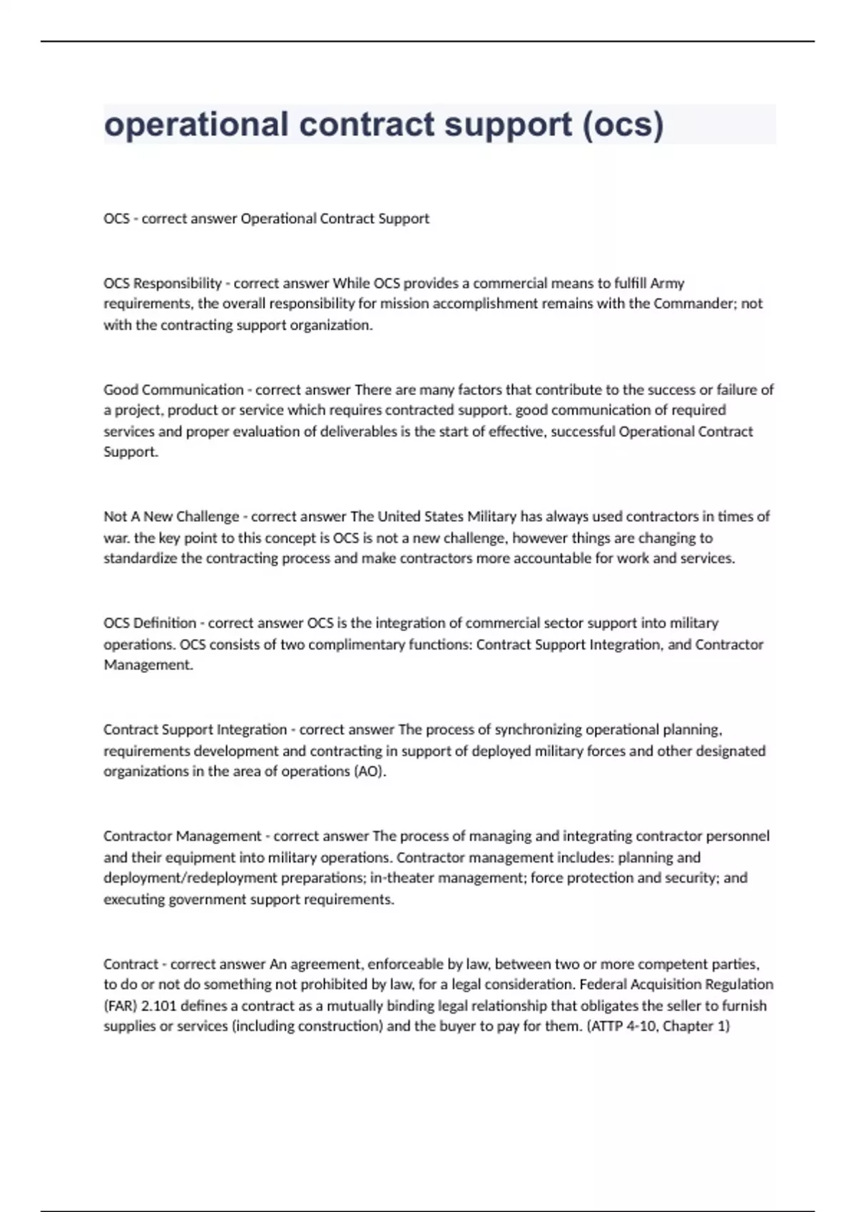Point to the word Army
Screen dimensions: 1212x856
pos(667,283)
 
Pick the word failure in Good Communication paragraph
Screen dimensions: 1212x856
pos(737,389)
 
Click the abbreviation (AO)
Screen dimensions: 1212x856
pos(370,771)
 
